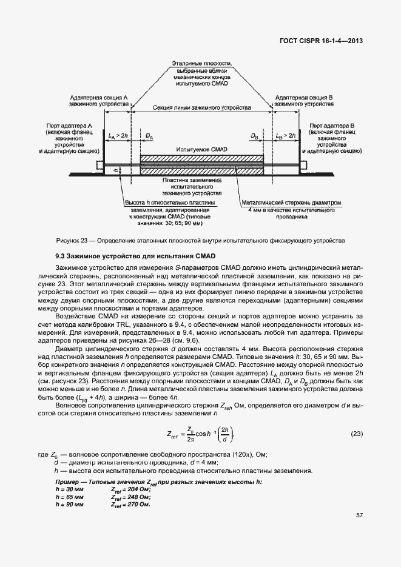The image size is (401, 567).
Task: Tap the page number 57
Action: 359,515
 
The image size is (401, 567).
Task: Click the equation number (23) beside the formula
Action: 357,434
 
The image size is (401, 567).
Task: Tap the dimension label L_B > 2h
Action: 285,135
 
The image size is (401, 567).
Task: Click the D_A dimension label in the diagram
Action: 149,136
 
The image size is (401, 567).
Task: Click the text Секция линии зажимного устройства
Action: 201,108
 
